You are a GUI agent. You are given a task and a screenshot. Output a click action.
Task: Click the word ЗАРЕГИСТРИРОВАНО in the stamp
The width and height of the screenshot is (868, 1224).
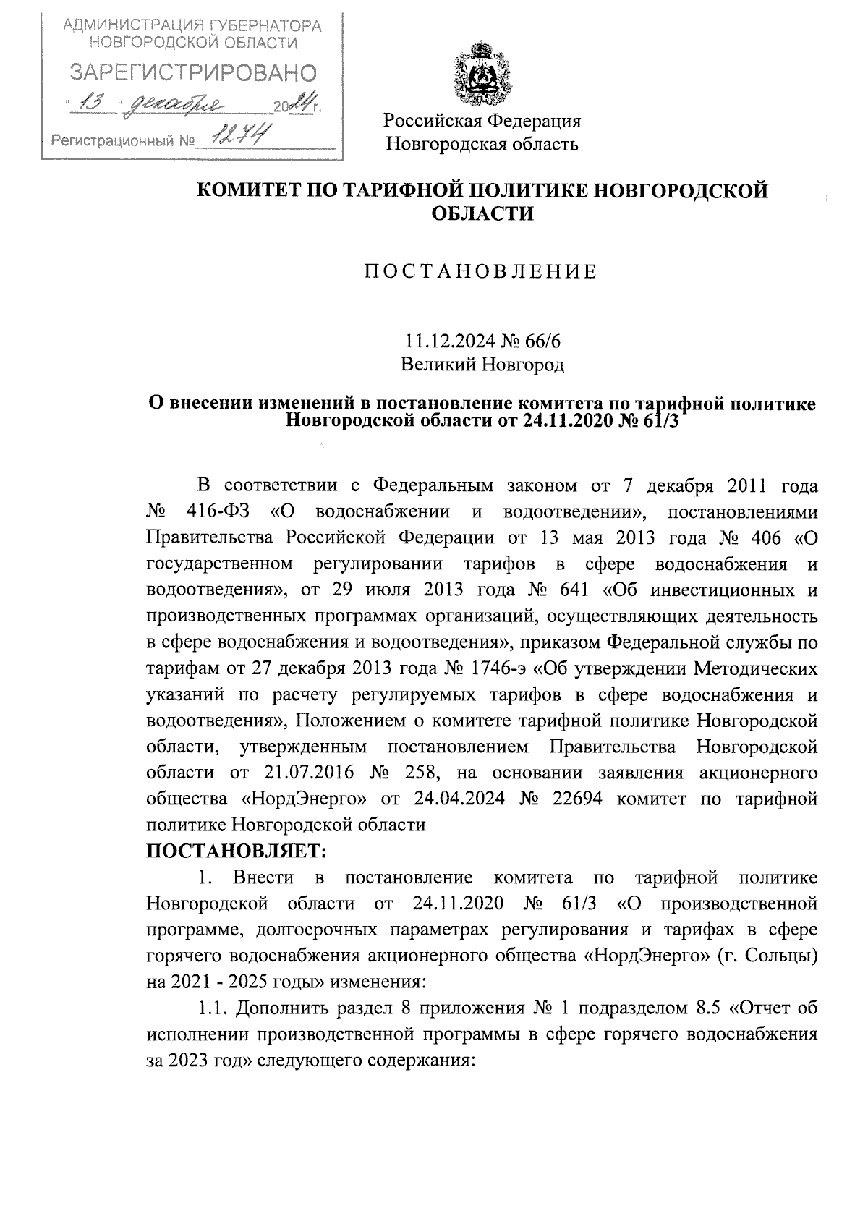tap(192, 73)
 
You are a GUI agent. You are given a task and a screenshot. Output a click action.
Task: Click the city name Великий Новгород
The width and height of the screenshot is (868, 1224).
tap(482, 364)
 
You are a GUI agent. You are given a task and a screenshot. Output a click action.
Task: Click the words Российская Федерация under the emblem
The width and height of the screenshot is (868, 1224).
tap(482, 120)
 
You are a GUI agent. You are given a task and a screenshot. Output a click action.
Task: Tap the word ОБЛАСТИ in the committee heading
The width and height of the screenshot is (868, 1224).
tap(482, 214)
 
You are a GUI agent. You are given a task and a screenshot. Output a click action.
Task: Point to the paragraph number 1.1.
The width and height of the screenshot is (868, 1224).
tap(213, 1008)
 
